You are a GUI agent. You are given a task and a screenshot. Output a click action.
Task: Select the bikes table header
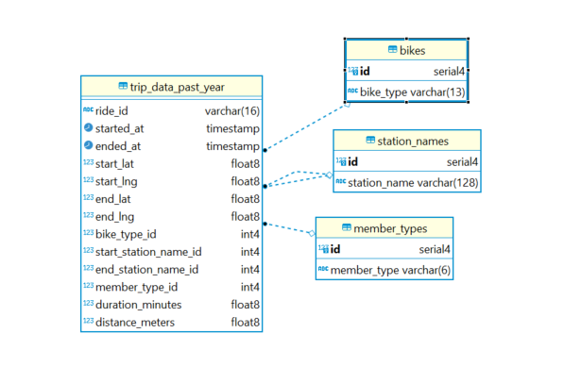click(412, 49)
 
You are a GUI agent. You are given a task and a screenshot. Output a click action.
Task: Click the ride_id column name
click(111, 110)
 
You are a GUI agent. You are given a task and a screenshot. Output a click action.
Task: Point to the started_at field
click(118, 128)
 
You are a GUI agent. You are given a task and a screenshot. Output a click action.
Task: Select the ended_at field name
click(117, 146)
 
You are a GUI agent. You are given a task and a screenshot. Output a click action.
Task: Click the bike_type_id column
click(126, 234)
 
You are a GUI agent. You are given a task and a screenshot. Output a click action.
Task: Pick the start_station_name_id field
click(148, 252)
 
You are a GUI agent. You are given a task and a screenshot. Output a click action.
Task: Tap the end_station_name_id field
click(146, 270)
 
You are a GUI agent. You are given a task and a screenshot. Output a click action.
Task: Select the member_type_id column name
click(136, 287)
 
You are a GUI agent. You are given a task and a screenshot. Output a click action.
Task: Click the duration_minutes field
click(138, 305)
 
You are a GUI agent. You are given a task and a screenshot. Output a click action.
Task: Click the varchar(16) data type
click(231, 110)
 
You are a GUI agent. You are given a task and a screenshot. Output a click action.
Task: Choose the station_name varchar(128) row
click(406, 181)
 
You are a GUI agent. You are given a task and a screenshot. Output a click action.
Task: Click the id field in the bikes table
click(365, 71)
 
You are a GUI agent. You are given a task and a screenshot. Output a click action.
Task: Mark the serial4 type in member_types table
click(435, 250)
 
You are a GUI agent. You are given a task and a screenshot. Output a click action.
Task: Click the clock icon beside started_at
click(88, 128)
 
